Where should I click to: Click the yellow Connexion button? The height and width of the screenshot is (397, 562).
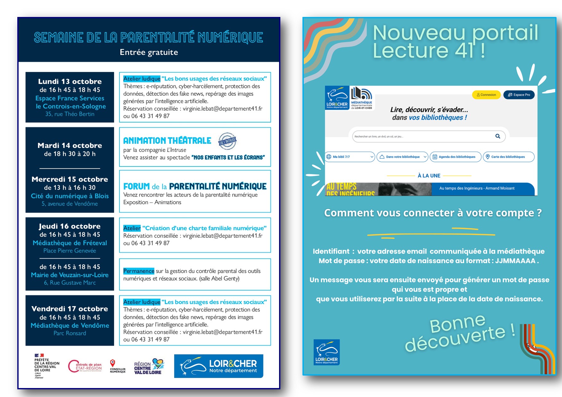tap(486, 95)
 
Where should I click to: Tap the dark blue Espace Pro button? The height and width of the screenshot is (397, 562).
tap(519, 95)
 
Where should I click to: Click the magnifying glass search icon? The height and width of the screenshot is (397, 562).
tap(498, 136)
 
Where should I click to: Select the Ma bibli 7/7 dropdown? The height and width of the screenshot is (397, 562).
tap(350, 157)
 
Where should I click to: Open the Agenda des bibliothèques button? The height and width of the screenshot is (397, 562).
tap(455, 157)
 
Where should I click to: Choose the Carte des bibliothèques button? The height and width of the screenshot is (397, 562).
tap(508, 157)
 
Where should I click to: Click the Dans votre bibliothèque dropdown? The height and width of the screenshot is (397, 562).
tap(402, 157)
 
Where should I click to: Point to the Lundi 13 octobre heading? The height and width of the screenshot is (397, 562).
tap(70, 81)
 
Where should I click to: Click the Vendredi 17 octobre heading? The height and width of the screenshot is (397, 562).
tap(70, 309)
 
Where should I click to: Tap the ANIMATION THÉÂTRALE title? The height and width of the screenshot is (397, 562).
tap(167, 141)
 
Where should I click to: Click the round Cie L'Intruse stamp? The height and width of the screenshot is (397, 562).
tap(227, 141)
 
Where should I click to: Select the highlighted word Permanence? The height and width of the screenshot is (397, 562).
tap(139, 271)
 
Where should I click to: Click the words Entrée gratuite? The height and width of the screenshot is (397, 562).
tap(149, 52)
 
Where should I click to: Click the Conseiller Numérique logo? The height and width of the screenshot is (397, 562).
tap(117, 366)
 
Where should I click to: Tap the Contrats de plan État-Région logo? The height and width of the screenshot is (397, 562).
tap(85, 366)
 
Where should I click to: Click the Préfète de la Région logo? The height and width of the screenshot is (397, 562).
tap(46, 366)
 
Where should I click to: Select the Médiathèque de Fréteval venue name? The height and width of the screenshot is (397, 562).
tap(70, 243)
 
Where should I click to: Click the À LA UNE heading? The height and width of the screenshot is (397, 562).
tap(429, 176)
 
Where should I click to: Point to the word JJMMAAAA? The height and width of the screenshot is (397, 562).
tap(515, 261)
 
